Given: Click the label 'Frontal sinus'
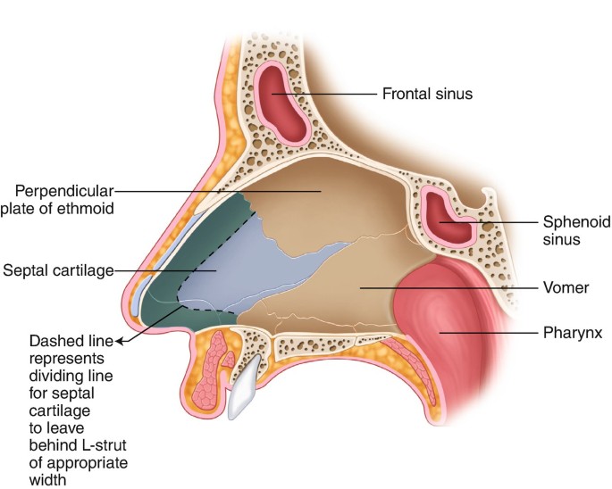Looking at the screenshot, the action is coord(427,93).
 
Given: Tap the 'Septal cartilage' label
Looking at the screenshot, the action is coord(54,269).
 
